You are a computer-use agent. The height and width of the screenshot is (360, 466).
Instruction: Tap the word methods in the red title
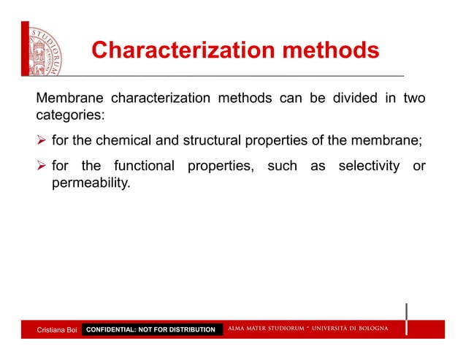[x=319, y=51]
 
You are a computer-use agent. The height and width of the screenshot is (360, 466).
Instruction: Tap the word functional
[x=144, y=166]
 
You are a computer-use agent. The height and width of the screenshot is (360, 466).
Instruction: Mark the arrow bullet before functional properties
[x=42, y=166]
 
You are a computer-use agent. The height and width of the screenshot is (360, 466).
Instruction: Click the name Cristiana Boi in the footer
[x=57, y=330]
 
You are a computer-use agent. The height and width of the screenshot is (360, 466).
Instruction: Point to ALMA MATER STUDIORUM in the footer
[x=270, y=329]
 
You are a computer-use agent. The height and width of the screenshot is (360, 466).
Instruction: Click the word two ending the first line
[x=414, y=99]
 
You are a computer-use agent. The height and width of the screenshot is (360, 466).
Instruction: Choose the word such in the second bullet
[x=282, y=166]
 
